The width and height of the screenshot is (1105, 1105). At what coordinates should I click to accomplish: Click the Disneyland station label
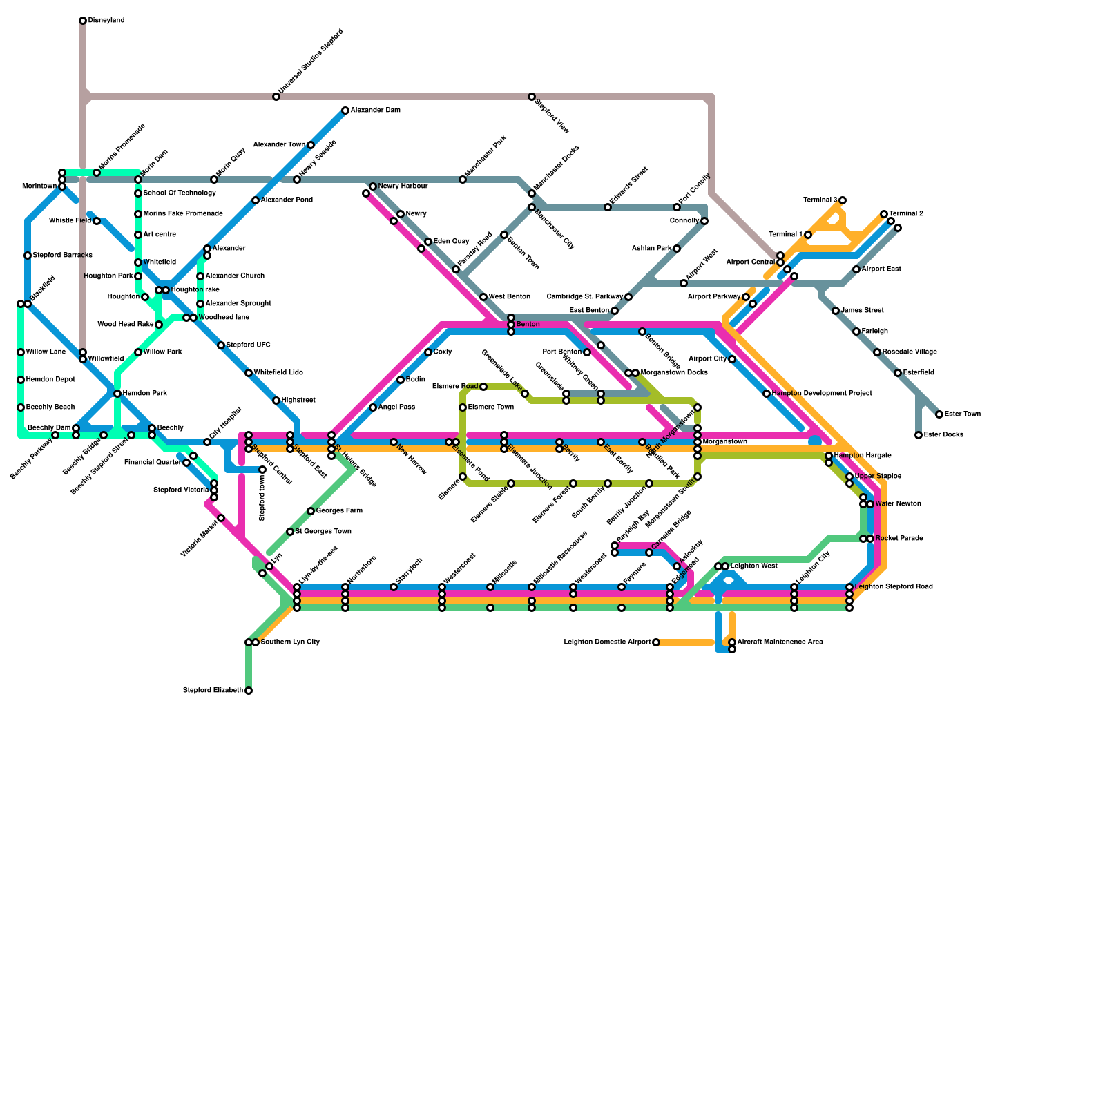[x=106, y=21]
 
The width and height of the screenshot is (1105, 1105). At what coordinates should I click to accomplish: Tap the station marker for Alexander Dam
[x=345, y=110]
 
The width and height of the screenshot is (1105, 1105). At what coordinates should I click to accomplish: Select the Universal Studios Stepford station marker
[x=276, y=97]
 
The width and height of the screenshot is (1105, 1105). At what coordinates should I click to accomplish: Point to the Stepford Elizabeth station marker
[x=249, y=691]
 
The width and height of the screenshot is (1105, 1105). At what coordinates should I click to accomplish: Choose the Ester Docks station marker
[x=919, y=435]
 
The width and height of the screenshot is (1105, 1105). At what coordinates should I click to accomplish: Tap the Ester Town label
[x=962, y=414]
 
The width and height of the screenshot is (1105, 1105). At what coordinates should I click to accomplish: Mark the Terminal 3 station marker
[x=843, y=200]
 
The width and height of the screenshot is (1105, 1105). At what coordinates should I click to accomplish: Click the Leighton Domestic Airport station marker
[x=656, y=642]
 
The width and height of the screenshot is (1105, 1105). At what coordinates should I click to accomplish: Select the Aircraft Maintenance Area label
[x=780, y=642]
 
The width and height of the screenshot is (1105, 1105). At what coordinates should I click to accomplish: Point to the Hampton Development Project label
[x=822, y=394]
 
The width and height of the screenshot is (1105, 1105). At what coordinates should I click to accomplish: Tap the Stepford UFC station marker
[x=221, y=345]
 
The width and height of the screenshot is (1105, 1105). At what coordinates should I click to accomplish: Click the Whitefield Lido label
[x=278, y=373]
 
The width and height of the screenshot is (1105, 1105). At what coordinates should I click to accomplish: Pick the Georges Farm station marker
[x=311, y=511]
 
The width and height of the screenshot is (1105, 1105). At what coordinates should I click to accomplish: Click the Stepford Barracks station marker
[x=28, y=256]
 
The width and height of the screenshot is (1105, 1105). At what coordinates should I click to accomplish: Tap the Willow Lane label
[x=46, y=352]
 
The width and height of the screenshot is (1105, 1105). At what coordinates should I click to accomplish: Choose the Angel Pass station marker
[x=373, y=407]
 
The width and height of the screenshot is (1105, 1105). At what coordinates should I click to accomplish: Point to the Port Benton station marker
[x=587, y=352]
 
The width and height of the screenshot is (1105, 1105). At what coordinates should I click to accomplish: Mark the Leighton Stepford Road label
[x=894, y=587]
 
